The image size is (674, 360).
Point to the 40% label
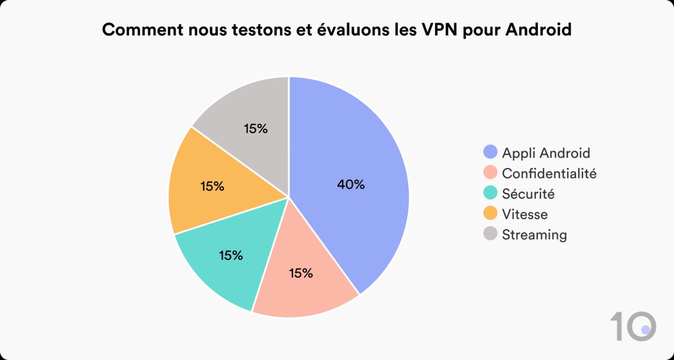[x=350, y=184]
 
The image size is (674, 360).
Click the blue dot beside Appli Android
[x=490, y=152]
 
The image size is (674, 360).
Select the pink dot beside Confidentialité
[x=490, y=173]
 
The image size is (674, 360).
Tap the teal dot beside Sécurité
[x=490, y=194]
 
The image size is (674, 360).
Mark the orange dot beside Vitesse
[x=490, y=214]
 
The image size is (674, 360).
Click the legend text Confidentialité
[x=549, y=173]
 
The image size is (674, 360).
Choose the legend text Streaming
[x=534, y=235]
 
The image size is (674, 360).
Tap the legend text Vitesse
[x=525, y=214]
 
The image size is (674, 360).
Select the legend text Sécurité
[x=528, y=194]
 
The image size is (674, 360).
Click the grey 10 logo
[x=633, y=326]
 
